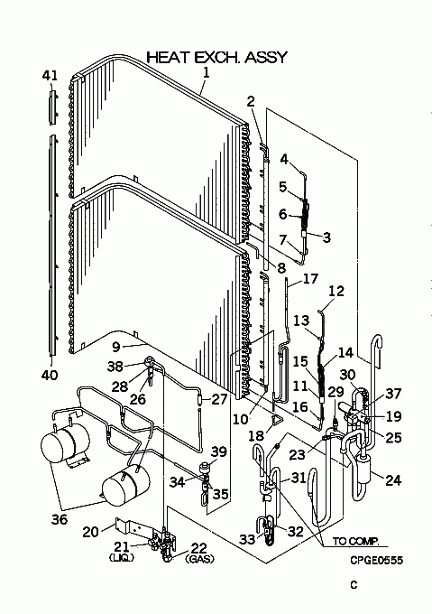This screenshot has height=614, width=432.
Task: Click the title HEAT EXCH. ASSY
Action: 217,57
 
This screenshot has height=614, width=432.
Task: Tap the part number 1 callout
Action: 206,73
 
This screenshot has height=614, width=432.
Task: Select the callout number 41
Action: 50,75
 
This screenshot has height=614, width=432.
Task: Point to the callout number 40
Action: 50,375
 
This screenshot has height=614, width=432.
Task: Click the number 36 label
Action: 60,519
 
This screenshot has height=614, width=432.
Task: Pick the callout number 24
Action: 393,479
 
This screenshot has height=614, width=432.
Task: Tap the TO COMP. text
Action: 355,541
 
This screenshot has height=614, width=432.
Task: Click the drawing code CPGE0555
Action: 376,561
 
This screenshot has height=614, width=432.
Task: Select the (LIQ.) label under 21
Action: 121,557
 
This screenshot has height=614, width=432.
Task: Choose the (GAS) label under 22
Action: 201,559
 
